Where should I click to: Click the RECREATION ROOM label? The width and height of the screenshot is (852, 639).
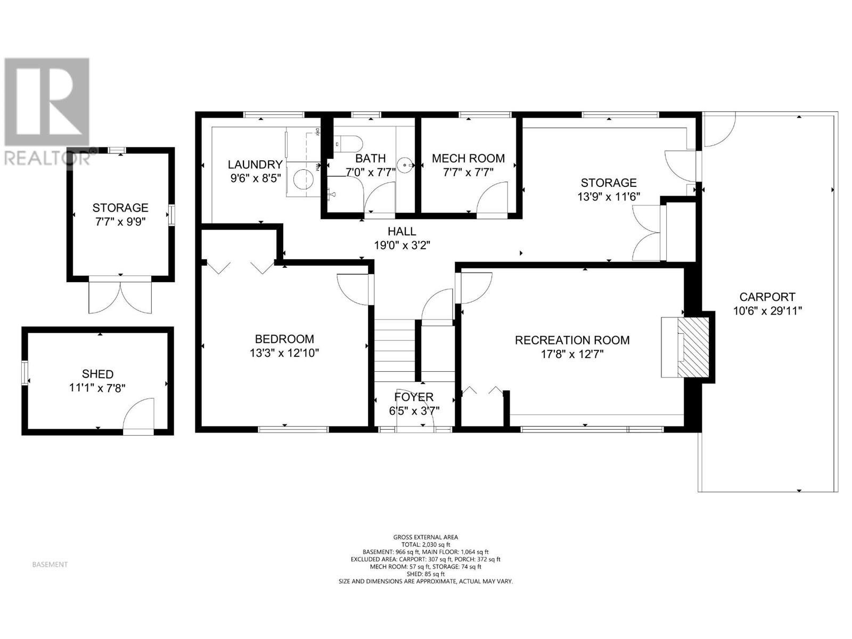coord(572,340)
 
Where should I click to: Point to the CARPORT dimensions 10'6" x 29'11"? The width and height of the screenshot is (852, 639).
coord(767,311)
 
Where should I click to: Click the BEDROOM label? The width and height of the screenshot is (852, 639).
coord(284,339)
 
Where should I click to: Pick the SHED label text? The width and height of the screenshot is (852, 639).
coord(97,374)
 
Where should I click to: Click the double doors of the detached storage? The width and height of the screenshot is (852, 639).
coord(120,297)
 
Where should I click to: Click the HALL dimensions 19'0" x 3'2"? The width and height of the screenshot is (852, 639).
coord(402,245)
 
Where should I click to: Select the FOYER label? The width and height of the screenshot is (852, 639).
coord(414,397)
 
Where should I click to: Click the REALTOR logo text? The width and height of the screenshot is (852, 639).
coord(47,158)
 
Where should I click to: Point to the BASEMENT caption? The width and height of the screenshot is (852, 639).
coord(50,564)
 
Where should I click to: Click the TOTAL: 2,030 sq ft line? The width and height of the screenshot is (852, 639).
coord(425,545)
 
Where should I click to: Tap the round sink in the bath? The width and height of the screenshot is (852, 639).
coord(407,165)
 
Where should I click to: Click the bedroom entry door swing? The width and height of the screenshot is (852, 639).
coord(353,289)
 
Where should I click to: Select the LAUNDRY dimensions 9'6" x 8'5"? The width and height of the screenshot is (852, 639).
coord(255,178)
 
